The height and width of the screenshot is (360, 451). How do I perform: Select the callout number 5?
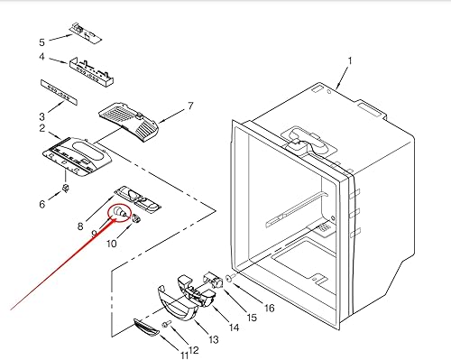pyautogui.click(x=41, y=42)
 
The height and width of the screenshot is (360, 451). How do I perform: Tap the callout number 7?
pyautogui.click(x=190, y=106)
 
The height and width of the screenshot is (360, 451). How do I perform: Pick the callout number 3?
pyautogui.click(x=41, y=116)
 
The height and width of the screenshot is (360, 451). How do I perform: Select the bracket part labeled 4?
pyautogui.click(x=90, y=68)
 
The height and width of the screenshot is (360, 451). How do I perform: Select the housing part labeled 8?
pyautogui.click(x=137, y=198)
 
